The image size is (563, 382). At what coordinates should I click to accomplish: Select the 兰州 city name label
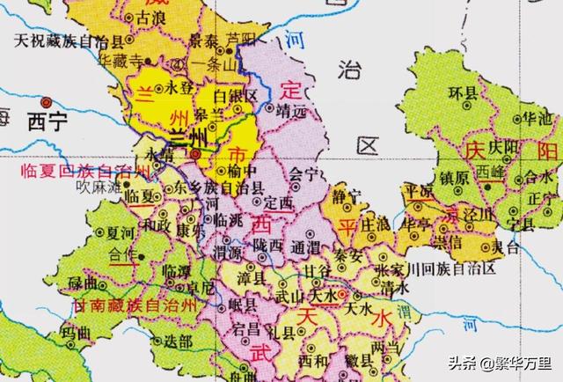(188, 136)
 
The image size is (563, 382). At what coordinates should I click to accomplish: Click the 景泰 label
(204, 40)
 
